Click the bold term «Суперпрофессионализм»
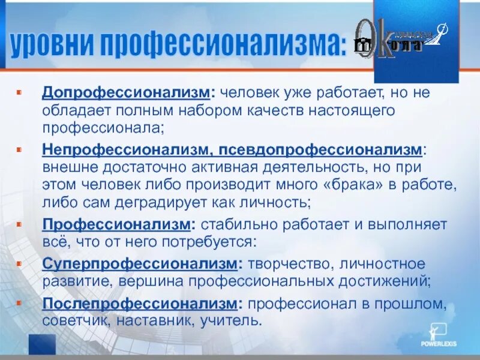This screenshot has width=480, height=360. [140, 263]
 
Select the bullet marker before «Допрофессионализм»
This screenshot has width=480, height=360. [19, 94]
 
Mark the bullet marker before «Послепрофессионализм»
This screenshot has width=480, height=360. [19, 304]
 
